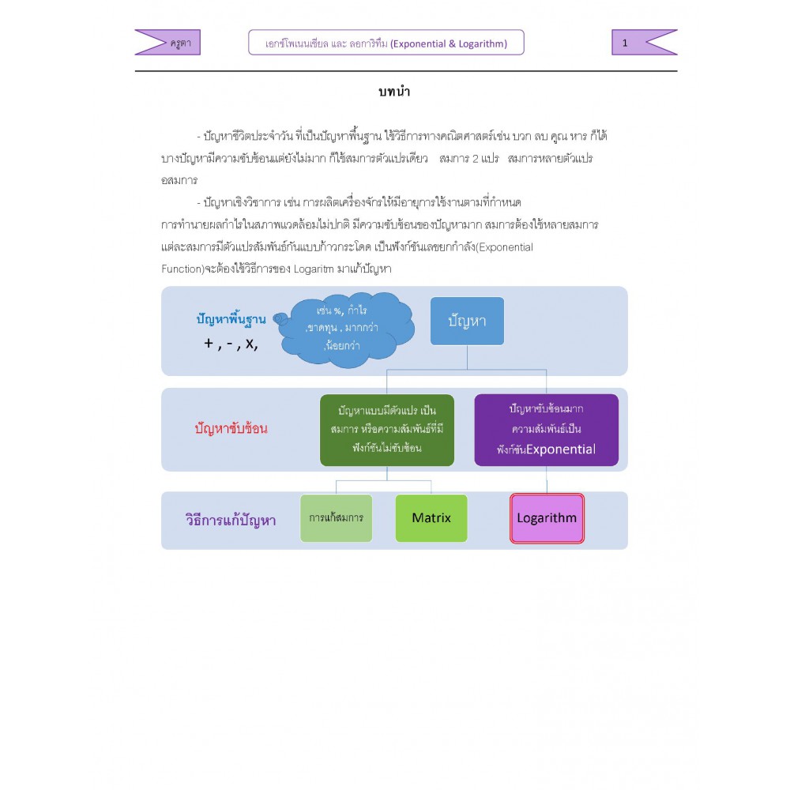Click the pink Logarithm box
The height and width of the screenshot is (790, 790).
click(x=547, y=518)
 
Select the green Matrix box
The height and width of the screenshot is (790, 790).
click(x=431, y=518)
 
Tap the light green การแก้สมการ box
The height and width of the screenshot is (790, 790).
click(x=336, y=518)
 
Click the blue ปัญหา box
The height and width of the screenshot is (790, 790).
click(x=467, y=321)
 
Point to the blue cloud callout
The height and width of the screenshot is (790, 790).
click(x=347, y=329)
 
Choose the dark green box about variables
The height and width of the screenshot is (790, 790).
click(x=387, y=430)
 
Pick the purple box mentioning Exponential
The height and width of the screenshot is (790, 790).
click(x=546, y=430)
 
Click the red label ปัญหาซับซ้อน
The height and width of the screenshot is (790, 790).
click(x=231, y=429)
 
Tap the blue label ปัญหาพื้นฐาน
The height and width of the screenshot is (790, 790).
click(x=231, y=319)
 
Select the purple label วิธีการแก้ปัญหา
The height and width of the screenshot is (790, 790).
click(x=231, y=520)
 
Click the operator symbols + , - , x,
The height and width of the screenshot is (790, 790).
click(x=231, y=344)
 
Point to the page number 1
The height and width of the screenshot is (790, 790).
click(x=625, y=43)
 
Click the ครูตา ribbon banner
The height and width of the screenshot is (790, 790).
click(x=167, y=43)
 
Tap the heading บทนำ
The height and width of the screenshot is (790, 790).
click(x=394, y=92)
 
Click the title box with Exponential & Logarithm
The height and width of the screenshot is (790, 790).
click(x=386, y=43)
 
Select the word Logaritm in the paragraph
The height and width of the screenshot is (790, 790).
click(x=314, y=269)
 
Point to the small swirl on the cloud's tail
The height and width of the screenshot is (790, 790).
click(x=280, y=319)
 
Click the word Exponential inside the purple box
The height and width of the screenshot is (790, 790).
click(x=561, y=450)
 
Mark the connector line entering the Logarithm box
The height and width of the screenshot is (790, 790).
click(x=547, y=480)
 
